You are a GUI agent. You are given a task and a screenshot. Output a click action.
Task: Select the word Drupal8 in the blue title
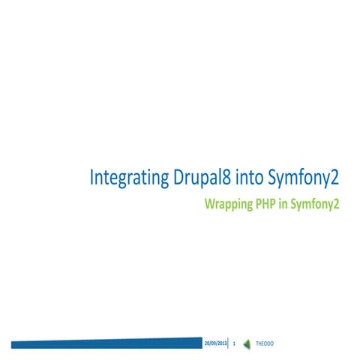[x=192, y=178]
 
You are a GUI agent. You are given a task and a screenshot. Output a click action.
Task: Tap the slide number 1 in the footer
[x=235, y=343]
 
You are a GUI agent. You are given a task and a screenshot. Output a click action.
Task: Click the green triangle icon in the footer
[x=247, y=343]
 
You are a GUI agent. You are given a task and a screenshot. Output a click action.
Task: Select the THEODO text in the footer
[x=265, y=343]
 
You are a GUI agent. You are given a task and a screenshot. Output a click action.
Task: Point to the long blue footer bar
[x=105, y=343]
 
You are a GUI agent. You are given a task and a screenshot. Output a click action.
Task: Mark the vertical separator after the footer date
[x=227, y=343]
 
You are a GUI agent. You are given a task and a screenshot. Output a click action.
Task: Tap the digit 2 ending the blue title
[x=335, y=178]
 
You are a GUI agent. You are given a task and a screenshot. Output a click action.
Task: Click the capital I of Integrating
[x=92, y=178]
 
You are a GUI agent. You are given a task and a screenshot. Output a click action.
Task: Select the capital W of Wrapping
[x=210, y=204]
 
